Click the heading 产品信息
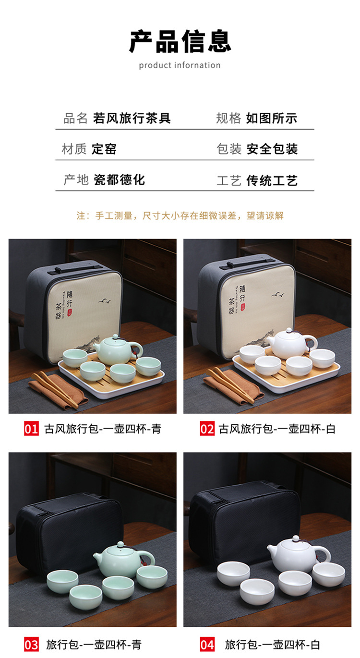click(180, 42)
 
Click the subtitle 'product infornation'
click(180, 65)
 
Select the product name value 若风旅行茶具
click(132, 118)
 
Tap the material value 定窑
click(104, 149)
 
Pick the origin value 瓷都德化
click(119, 180)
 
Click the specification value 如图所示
click(272, 118)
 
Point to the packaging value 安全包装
click(272, 149)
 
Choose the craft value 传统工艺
click(272, 180)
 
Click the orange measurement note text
click(180, 215)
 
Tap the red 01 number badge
click(31, 429)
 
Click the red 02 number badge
click(207, 429)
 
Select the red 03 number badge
click(31, 644)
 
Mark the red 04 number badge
click(207, 644)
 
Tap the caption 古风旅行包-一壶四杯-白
click(277, 429)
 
